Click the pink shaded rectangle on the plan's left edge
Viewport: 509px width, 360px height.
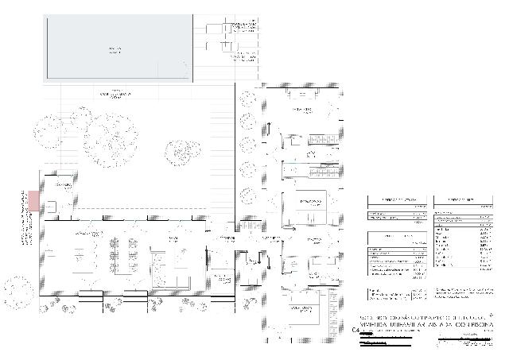coord(33,200)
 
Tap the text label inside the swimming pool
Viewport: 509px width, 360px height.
coord(115,50)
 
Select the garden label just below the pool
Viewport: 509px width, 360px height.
coord(115,94)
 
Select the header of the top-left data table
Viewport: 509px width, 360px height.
coord(395,200)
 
